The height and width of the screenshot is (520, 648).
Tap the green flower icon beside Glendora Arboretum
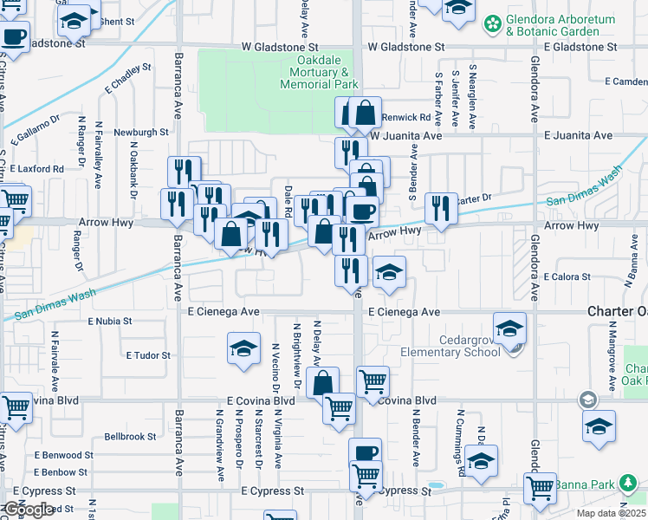493,20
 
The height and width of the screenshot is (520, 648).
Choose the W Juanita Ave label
406,136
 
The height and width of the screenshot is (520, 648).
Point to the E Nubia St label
109,321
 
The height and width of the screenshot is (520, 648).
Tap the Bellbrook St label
130,437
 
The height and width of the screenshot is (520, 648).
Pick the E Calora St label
567,277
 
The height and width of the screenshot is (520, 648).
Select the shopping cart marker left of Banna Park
541,487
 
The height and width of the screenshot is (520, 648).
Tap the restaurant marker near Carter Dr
442,207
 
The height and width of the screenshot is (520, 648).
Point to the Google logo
28,510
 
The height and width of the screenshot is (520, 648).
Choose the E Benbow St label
68,472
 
